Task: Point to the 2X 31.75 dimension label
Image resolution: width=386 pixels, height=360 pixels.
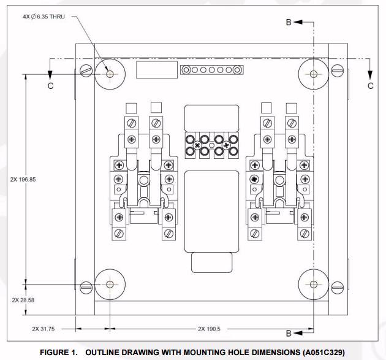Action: [44, 329]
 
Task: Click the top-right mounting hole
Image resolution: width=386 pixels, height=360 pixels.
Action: [314, 74]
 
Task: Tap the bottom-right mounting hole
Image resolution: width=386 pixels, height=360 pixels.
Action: [314, 284]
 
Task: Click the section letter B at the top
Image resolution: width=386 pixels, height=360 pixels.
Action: [289, 22]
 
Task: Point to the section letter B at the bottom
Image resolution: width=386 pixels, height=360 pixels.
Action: [289, 334]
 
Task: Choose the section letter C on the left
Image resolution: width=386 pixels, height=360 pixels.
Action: [51, 86]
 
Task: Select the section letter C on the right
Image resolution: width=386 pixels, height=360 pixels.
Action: [371, 86]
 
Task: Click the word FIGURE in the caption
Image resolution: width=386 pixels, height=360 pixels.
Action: [58, 353]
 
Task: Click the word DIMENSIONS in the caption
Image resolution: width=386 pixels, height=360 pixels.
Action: [259, 353]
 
